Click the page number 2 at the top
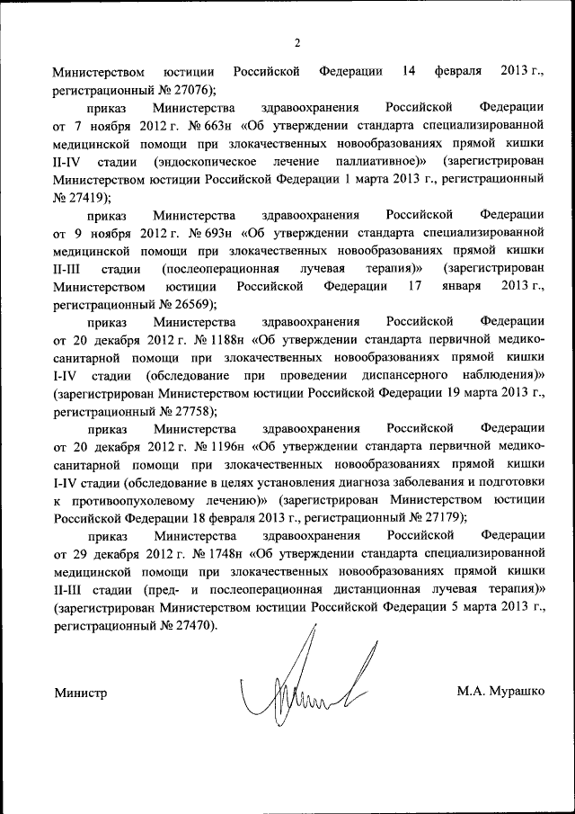(x=296, y=43)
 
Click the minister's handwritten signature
(x=305, y=684)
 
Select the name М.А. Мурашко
(x=500, y=693)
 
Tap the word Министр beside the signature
(x=80, y=693)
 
